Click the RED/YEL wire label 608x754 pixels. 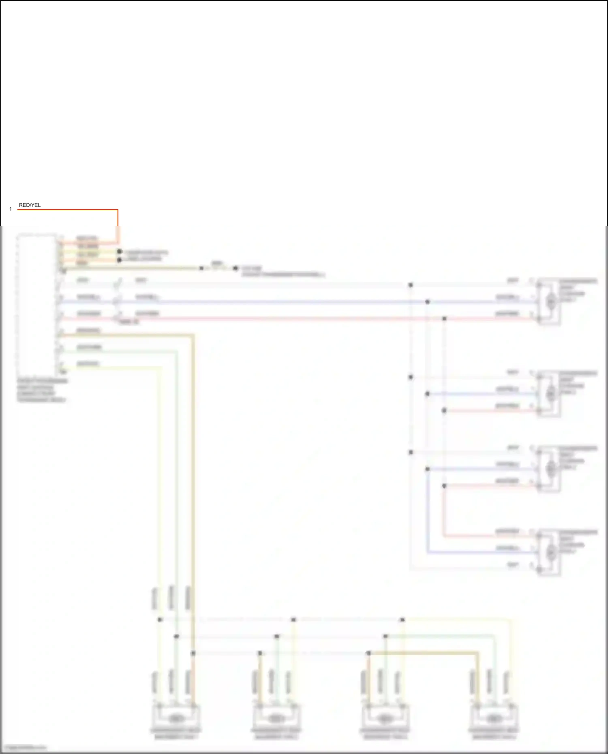coord(30,205)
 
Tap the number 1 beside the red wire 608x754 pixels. coord(11,209)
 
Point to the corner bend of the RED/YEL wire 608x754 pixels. coord(118,210)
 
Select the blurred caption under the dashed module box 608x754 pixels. coord(42,390)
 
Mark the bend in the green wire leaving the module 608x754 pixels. coord(177,352)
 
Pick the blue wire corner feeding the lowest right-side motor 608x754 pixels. coord(428,552)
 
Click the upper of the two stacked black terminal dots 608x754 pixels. coord(119,252)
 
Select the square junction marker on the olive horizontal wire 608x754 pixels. coord(201,268)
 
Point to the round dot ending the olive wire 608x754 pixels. coord(235,268)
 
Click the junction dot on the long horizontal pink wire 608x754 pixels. coord(444,319)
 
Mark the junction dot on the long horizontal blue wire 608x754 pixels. coord(427,302)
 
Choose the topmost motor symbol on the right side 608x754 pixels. coord(550,301)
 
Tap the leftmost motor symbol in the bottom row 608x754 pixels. coord(175,718)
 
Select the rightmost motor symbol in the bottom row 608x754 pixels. coord(494,718)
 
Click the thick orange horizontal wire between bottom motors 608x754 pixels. coord(424,653)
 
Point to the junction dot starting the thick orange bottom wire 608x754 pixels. coord(368,653)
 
